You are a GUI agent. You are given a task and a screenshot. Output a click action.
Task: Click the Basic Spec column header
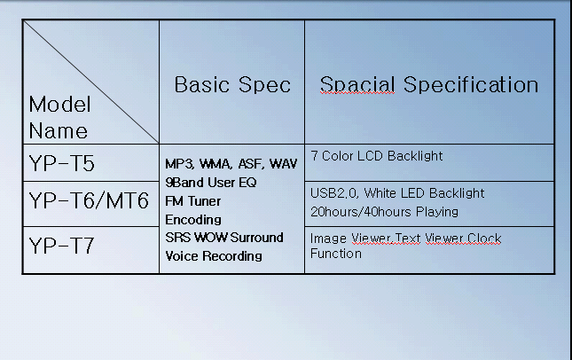(x=232, y=84)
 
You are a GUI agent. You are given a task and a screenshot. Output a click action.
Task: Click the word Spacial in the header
(x=357, y=85)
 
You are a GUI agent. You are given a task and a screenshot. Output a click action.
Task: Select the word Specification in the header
(x=471, y=85)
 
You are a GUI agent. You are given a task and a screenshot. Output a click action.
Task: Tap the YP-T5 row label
(x=62, y=163)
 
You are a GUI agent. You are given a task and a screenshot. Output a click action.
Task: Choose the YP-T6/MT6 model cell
(x=89, y=200)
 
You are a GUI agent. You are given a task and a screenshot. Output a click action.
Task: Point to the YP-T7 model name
(x=62, y=246)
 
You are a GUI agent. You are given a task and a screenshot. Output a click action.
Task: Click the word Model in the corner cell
(x=59, y=105)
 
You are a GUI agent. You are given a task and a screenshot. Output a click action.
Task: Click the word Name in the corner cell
(x=59, y=130)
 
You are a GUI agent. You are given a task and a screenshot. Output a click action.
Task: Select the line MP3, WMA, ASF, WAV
(x=231, y=164)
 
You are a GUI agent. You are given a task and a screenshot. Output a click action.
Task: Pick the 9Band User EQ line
(x=211, y=183)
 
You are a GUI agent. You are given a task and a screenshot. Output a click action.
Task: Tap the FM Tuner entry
(x=193, y=201)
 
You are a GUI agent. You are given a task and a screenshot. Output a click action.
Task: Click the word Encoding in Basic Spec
(x=193, y=220)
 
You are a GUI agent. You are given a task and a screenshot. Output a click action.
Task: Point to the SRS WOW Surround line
(x=224, y=238)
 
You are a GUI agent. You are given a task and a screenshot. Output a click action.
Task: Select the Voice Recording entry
(x=214, y=256)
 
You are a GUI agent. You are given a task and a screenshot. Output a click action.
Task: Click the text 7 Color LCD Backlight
(x=377, y=156)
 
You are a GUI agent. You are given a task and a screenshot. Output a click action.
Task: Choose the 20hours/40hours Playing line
(x=384, y=212)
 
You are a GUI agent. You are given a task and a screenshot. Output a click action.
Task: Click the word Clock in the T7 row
(x=484, y=239)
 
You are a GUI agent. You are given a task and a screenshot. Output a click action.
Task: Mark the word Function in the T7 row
(x=336, y=254)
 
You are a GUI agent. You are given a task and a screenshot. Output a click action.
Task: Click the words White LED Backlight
(x=424, y=193)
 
